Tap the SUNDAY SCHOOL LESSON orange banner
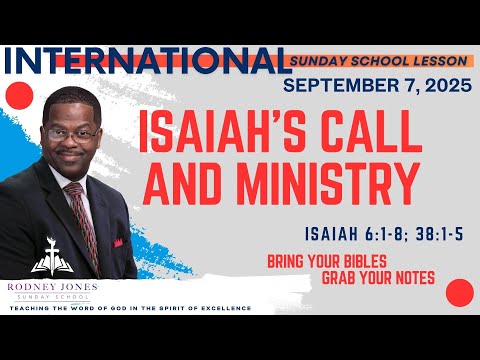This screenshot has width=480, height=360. click(x=375, y=60)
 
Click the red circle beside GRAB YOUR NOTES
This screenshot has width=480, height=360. click(x=459, y=293)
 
